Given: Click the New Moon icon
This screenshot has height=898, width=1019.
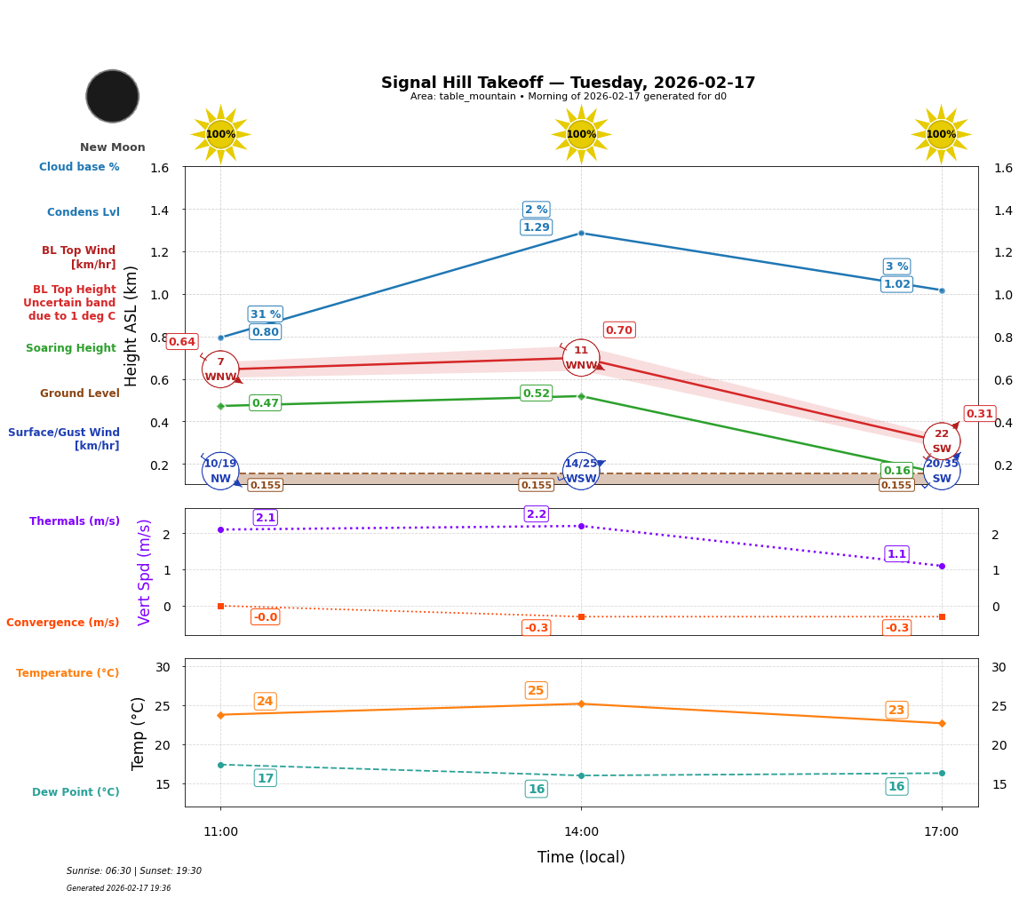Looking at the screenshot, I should pos(113,96).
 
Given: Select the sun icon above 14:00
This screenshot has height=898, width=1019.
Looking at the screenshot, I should pos(581,134).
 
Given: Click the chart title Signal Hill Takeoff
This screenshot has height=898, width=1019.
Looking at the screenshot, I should pos(568,83).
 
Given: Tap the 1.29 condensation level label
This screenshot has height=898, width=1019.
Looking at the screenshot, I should pos(536,227).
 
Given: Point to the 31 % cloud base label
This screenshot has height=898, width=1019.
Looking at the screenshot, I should pos(265,314).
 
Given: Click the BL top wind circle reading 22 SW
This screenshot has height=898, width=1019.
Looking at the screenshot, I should pos(941,441).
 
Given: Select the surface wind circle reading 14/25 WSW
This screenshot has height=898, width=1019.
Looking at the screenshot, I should pos(581,471).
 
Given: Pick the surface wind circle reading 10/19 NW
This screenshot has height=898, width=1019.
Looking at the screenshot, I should pos(220,471).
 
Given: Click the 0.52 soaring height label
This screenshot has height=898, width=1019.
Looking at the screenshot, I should pos(536,393).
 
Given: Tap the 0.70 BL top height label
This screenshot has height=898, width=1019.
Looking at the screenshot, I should pos(618,330).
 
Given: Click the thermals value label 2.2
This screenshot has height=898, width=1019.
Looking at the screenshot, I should pos(536,514).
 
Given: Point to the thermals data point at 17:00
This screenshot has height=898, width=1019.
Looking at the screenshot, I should pos(941,566).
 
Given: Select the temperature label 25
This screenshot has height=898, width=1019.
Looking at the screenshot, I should pos(536,691).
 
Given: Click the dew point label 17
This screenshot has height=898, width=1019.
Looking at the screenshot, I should pos(265,778).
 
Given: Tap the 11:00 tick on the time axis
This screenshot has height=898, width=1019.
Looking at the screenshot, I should pos(220,832).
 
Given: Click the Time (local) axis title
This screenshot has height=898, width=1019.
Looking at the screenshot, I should pos(581,857).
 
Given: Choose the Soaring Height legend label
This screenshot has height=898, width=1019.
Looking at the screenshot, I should pos(71,348).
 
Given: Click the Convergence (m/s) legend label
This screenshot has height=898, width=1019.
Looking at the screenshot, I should pos(63,623).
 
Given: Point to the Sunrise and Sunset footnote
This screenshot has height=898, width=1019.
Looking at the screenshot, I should pos(134,871).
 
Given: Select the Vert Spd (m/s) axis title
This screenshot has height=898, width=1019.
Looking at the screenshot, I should pos(145,572).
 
